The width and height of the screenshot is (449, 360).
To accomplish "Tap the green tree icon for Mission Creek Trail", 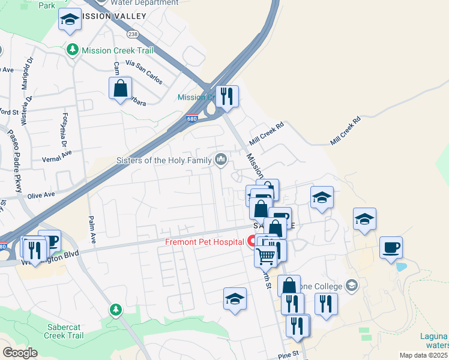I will [73, 50].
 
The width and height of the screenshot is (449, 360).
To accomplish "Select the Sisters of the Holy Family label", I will [165, 160].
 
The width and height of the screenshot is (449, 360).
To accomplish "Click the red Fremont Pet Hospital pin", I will [253, 242].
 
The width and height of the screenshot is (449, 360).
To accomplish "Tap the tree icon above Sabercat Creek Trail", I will [115, 310].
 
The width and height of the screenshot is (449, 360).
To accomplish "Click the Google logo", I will [20, 353].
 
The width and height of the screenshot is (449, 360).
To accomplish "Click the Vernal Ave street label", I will [56, 152].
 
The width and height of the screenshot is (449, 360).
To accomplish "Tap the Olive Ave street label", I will [40, 195].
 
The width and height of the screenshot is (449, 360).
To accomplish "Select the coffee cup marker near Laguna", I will [391, 247].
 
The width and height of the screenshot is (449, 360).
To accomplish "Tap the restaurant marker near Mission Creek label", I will [227, 95].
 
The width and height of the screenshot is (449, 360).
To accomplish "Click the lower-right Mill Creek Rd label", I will [345, 130].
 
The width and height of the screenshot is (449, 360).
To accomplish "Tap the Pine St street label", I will [288, 355].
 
